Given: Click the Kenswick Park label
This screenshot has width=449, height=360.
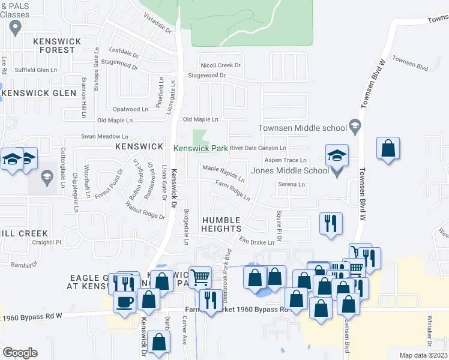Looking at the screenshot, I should (x=200, y=148).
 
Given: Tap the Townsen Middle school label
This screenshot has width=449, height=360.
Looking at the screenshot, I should (x=303, y=127).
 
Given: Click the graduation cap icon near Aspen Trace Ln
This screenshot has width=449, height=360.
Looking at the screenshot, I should (x=337, y=155).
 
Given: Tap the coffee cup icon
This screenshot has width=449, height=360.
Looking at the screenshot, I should (x=125, y=302).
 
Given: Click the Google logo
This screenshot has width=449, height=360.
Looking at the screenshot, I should (x=20, y=353).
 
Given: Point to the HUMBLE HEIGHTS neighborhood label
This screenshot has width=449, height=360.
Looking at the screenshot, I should (x=221, y=224).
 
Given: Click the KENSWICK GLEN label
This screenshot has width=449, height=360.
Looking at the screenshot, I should (x=40, y=93).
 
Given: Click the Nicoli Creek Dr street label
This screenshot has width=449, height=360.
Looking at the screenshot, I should (x=220, y=65).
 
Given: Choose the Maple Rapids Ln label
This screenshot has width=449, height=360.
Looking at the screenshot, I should (x=223, y=174).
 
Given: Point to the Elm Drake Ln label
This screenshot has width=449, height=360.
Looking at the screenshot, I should (x=257, y=242).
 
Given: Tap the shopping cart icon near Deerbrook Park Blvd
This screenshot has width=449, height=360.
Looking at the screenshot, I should (x=200, y=277).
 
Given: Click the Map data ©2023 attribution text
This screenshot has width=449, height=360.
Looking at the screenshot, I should (x=424, y=355).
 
